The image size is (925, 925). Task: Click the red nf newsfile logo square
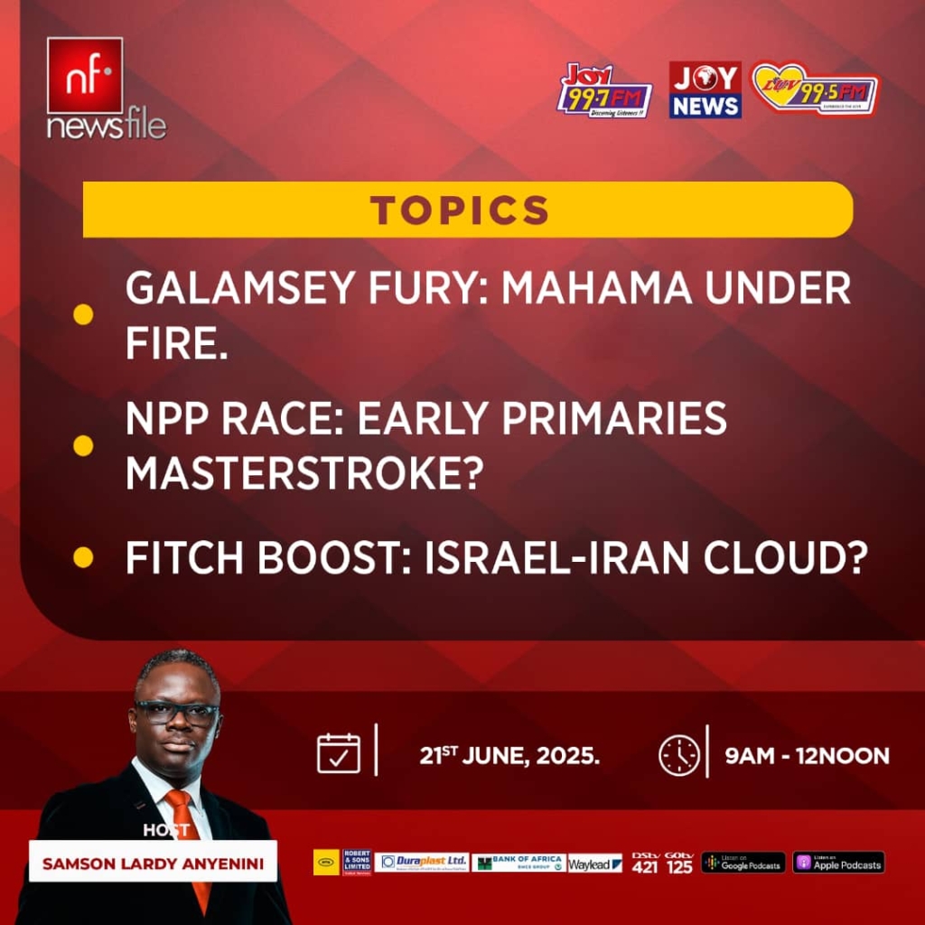coord(85,76)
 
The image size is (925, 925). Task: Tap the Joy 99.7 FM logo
coord(603,90)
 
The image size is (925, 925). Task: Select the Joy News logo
coord(705,90)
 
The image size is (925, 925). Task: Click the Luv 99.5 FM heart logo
coord(815,89)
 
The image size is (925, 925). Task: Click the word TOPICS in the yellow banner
coord(460,210)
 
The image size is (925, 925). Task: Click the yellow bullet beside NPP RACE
coord(83,444)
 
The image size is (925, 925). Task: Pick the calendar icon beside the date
coord(339,753)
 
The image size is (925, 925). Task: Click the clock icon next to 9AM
coord(679,754)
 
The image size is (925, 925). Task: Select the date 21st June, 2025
coord(509,755)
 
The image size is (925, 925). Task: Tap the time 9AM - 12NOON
coord(807,755)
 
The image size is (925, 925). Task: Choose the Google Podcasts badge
coord(743,863)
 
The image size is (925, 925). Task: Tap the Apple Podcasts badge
coord(838,863)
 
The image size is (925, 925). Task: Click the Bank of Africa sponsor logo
coord(519,863)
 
